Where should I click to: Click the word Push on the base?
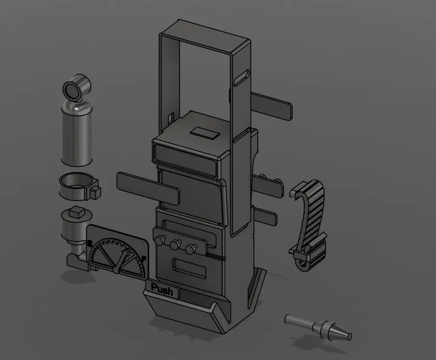[162, 291]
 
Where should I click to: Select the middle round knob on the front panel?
[175, 245]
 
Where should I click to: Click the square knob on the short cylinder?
[77, 213]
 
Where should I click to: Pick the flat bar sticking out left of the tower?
[146, 187]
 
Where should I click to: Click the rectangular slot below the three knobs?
[188, 266]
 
